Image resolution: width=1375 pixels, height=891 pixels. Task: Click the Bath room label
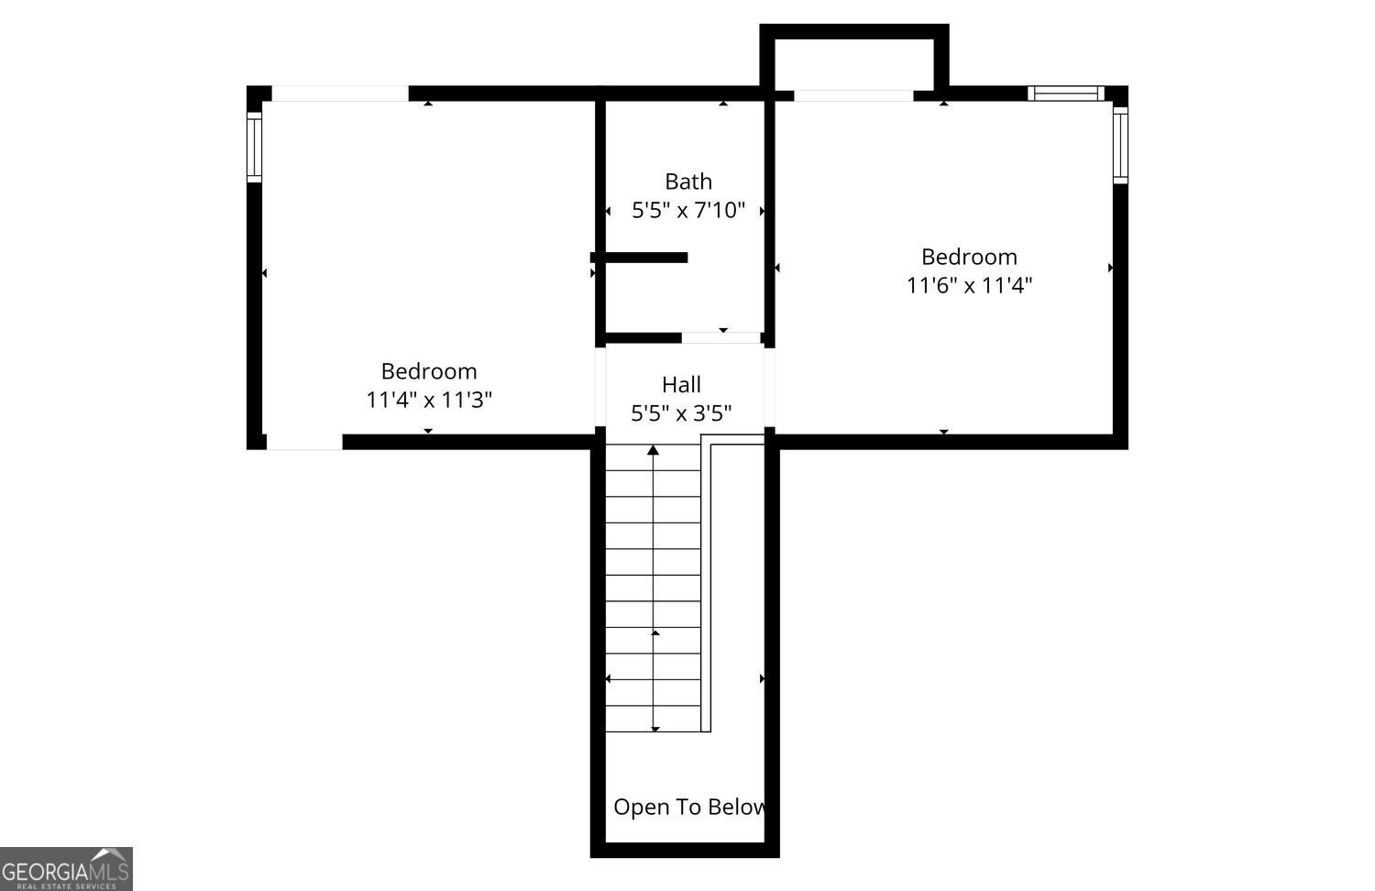coord(688,181)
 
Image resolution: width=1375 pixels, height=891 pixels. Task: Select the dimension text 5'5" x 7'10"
coord(688,211)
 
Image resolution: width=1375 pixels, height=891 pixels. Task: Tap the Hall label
coord(681,385)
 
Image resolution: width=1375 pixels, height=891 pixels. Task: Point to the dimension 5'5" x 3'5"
coord(681,413)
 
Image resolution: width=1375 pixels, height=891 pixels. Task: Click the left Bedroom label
coord(428,371)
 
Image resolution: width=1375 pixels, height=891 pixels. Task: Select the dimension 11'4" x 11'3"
coord(428,400)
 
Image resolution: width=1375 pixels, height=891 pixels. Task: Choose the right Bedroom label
coord(969,257)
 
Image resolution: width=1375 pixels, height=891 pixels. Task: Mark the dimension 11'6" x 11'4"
coord(969,285)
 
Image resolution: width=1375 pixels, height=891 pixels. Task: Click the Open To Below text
coord(690,807)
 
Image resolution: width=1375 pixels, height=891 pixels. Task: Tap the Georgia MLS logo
coord(66,869)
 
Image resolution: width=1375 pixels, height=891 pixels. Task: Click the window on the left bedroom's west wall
coord(254,148)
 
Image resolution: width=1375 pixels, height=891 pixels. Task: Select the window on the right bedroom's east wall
coord(1120,146)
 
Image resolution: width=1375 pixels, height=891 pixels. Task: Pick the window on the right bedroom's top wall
coord(1066,93)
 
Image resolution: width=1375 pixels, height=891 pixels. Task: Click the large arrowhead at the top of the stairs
coord(653,450)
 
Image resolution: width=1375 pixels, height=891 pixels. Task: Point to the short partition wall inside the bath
coord(639,258)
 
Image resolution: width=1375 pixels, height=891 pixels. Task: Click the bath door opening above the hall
coord(721,337)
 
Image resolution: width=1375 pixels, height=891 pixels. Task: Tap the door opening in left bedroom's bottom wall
coord(303,442)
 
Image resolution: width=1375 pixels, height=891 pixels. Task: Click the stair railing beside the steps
coord(706,583)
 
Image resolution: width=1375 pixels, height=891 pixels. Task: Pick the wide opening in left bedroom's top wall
coord(340,93)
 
